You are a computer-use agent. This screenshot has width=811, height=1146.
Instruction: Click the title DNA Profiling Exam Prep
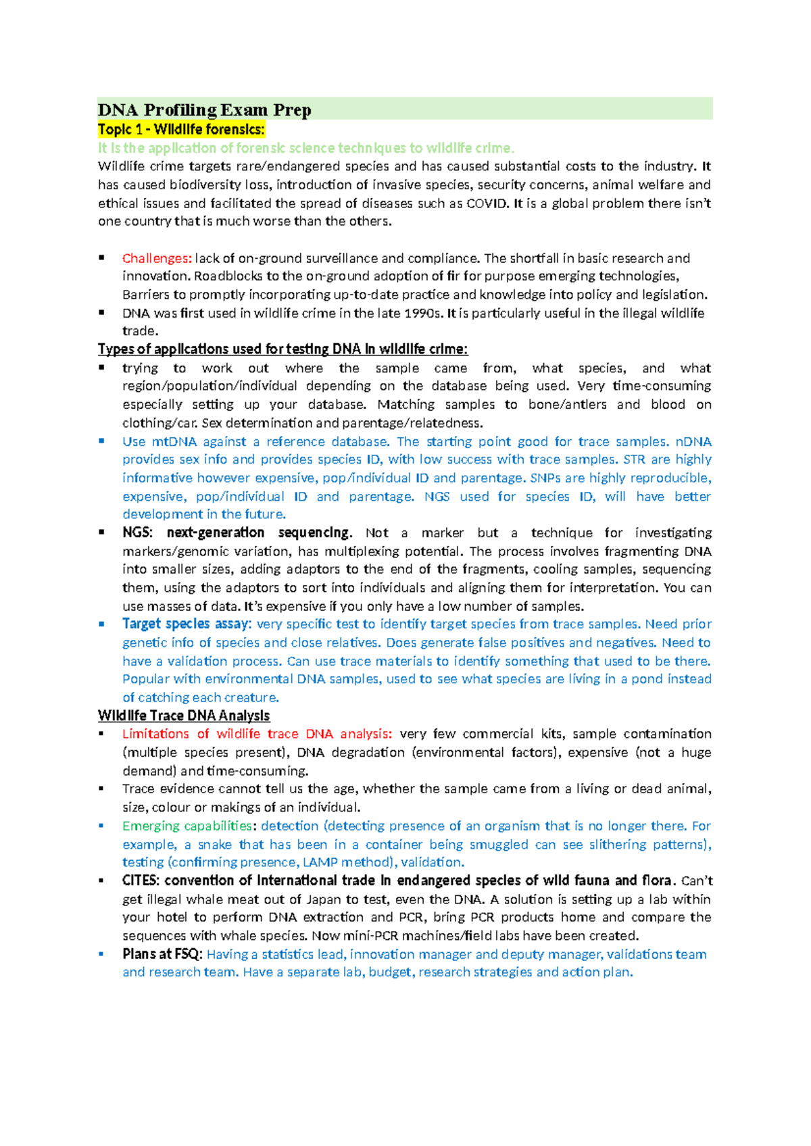pyautogui.click(x=204, y=109)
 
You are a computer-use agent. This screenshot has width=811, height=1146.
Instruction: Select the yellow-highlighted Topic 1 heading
pyautogui.click(x=181, y=129)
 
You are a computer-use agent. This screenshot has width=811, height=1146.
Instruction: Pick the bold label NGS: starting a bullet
pyautogui.click(x=138, y=532)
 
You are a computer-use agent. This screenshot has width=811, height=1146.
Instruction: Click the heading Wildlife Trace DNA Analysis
pyautogui.click(x=184, y=716)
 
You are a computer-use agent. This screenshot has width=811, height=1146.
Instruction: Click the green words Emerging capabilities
pyautogui.click(x=187, y=826)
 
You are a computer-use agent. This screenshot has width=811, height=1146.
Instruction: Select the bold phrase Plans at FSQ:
pyautogui.click(x=162, y=954)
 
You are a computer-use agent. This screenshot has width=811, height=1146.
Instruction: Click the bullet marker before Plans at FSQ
pyautogui.click(x=101, y=954)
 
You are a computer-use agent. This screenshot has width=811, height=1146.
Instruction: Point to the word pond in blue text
pyautogui.click(x=647, y=679)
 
